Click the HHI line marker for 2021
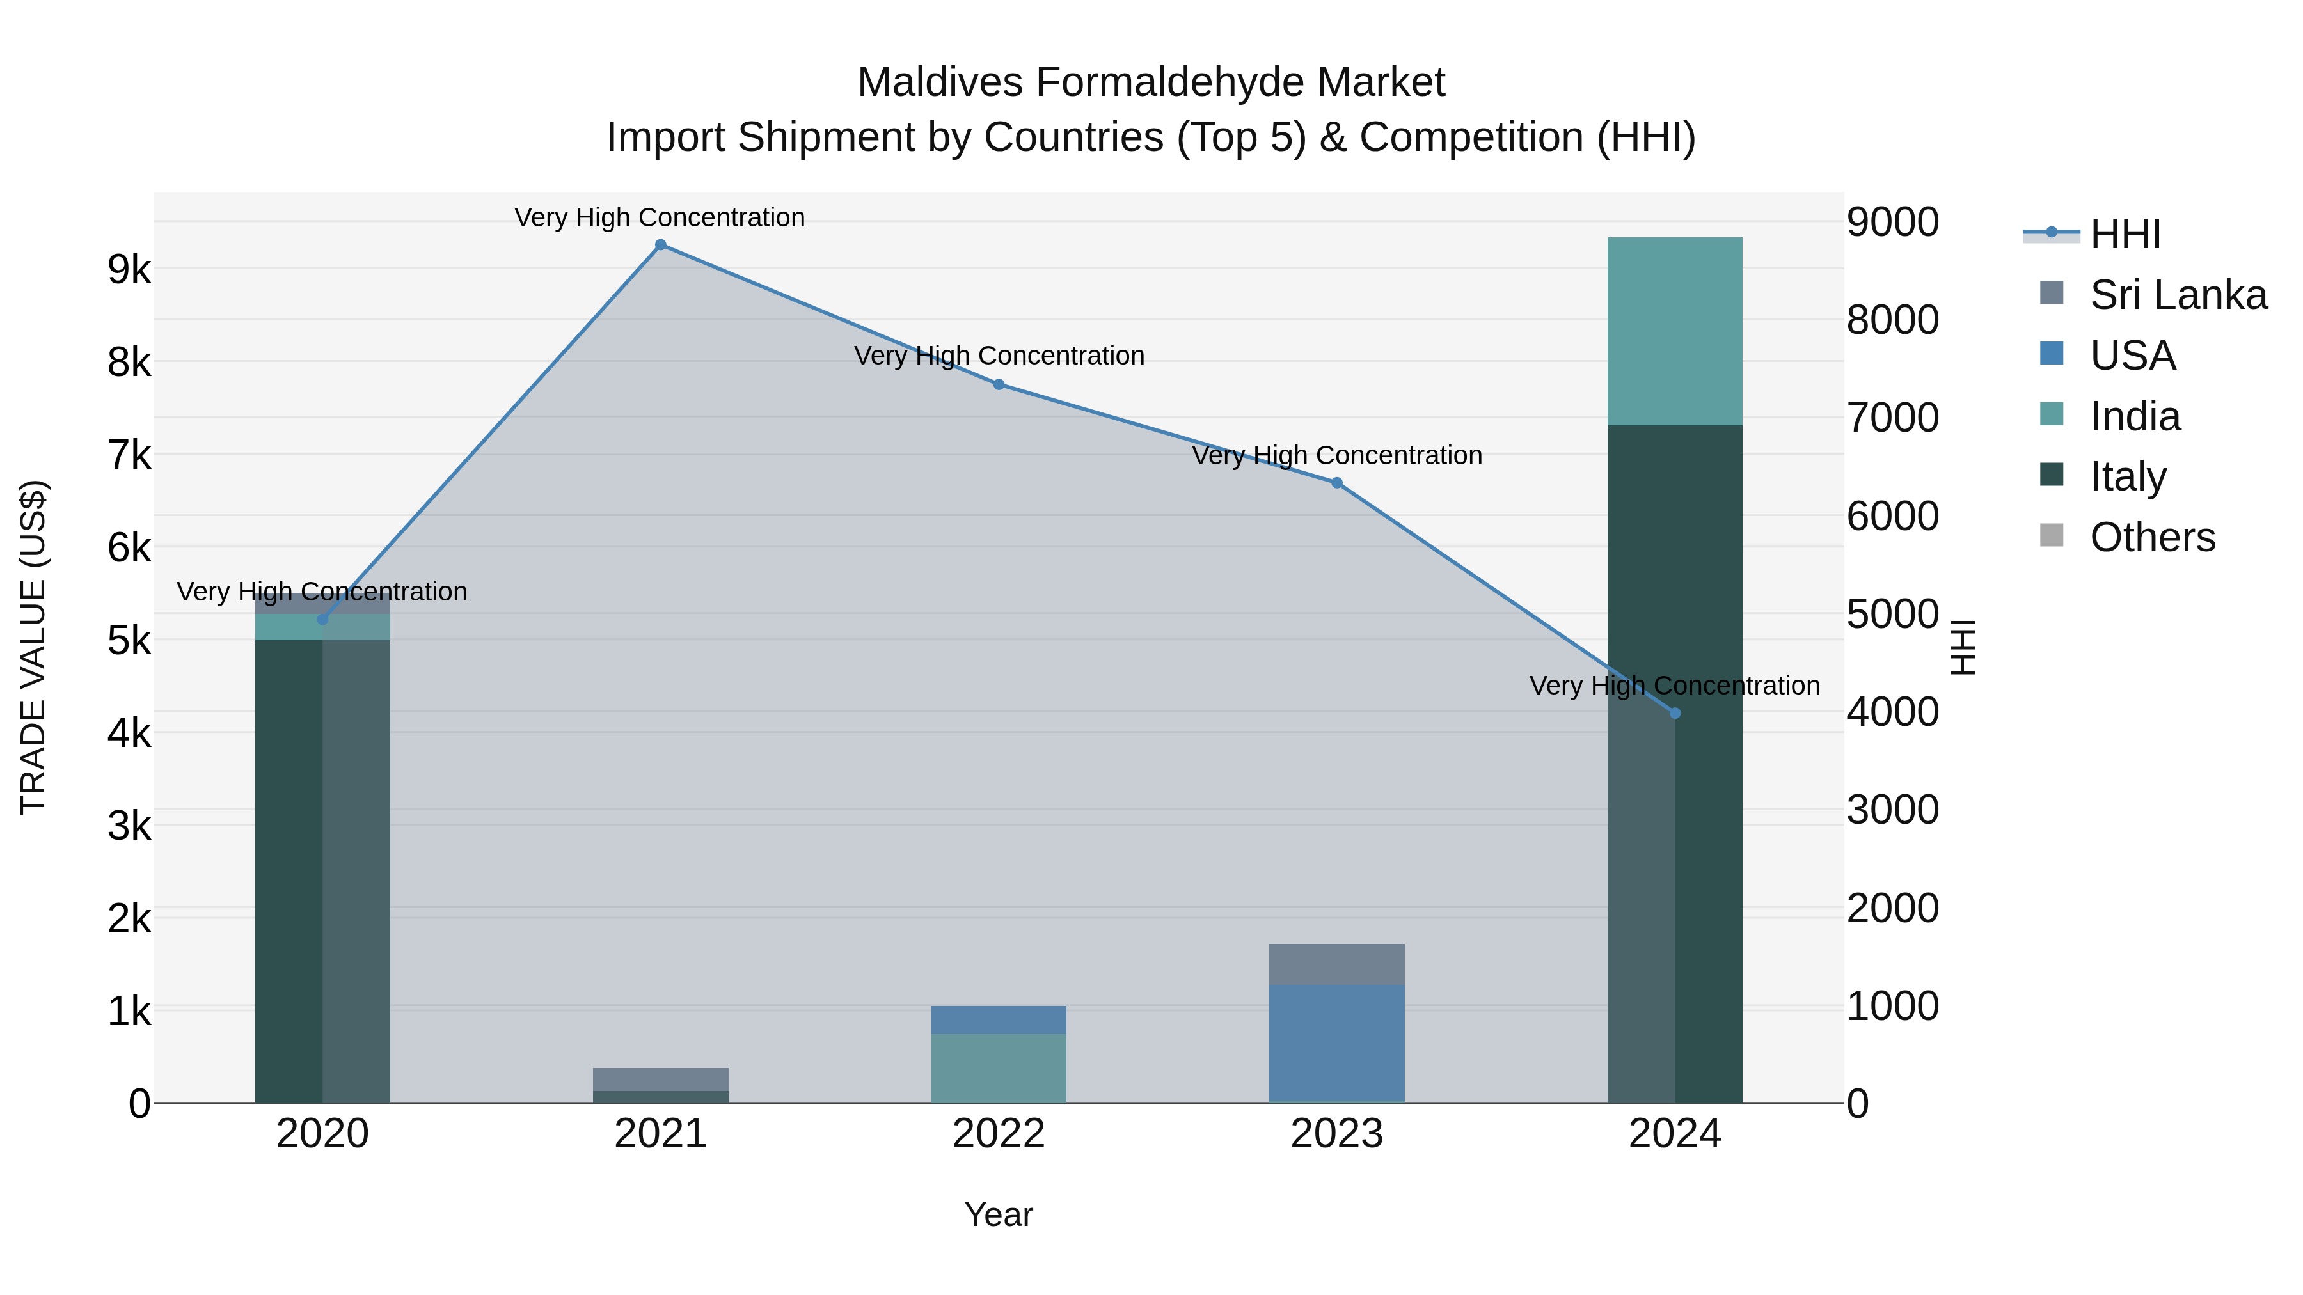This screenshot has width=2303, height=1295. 661,245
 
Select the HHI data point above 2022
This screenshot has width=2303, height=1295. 999,384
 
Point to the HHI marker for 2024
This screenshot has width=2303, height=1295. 1675,713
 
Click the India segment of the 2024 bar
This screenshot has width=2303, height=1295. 1675,331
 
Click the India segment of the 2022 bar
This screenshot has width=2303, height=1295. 999,1068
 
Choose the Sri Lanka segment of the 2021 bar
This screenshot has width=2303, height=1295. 661,1079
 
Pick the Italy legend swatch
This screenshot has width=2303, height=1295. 2052,475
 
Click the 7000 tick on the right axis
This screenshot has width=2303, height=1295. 1893,418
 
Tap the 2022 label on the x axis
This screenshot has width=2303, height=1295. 999,1134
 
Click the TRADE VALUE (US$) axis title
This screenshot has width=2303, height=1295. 33,647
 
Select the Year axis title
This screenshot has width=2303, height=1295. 999,1214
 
